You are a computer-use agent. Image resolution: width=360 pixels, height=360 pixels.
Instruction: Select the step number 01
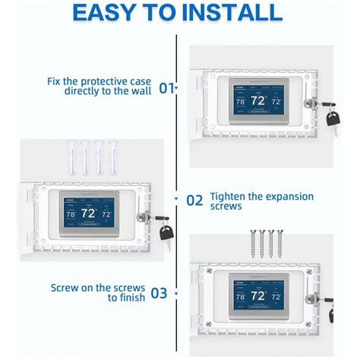[166, 88]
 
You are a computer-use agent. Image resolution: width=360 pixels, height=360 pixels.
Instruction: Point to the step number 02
[194, 201]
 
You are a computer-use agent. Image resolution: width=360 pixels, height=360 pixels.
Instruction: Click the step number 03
[159, 292]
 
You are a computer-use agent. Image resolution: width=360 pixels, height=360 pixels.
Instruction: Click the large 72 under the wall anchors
[89, 213]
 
